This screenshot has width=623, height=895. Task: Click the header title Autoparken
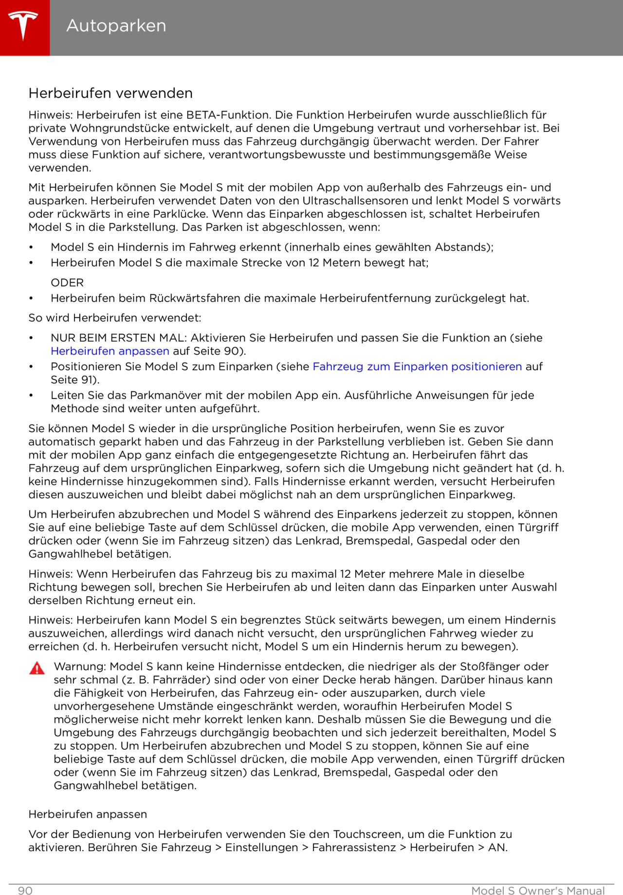(x=116, y=26)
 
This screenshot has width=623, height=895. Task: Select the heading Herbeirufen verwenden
(x=110, y=93)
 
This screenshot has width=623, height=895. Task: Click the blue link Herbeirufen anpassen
(x=110, y=351)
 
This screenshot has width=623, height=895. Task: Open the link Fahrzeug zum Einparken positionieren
(x=417, y=366)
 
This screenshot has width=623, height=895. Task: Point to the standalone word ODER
(x=67, y=283)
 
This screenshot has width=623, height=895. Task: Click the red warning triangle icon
(x=37, y=668)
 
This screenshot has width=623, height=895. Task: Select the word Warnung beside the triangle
(x=80, y=666)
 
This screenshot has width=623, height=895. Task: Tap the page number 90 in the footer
(x=25, y=891)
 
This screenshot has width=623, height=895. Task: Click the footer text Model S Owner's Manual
(x=538, y=891)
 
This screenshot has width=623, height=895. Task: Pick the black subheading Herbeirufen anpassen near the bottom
(x=88, y=814)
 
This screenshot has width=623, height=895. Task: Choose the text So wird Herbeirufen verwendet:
(x=115, y=318)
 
